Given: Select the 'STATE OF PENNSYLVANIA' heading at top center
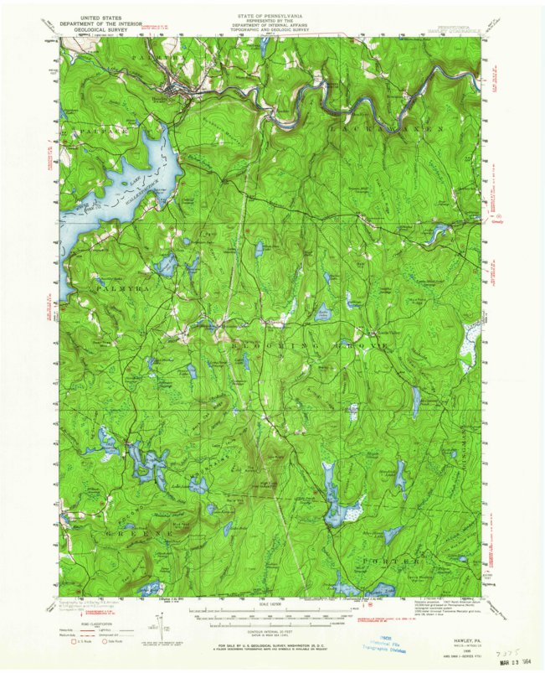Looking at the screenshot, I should click(271, 8).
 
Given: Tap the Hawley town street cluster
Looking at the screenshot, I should click(177, 85).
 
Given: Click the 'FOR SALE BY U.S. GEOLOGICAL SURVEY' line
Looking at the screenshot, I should click(272, 645).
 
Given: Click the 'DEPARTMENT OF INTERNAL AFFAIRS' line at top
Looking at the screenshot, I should click(271, 22).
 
